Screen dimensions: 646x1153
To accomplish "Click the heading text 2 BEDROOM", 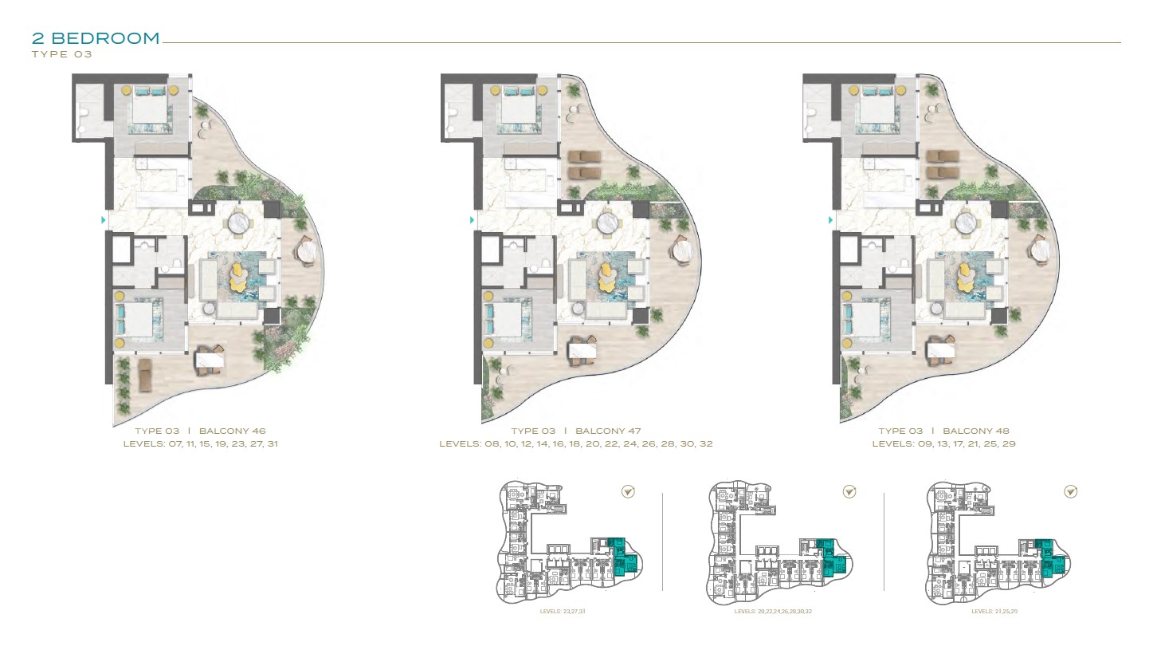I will point(96,37).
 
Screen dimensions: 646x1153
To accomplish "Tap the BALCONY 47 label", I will point(608,431).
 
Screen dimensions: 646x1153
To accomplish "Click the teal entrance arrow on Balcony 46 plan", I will point(102,219).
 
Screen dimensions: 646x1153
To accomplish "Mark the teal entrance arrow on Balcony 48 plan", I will point(830,219).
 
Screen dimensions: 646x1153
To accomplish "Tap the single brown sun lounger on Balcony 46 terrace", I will point(145,374).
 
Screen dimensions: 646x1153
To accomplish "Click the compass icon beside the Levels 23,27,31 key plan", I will point(628,492).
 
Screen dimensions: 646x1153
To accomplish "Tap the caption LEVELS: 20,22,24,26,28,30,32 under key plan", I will point(773,612).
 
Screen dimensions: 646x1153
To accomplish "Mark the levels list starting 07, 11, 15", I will point(200,443).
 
